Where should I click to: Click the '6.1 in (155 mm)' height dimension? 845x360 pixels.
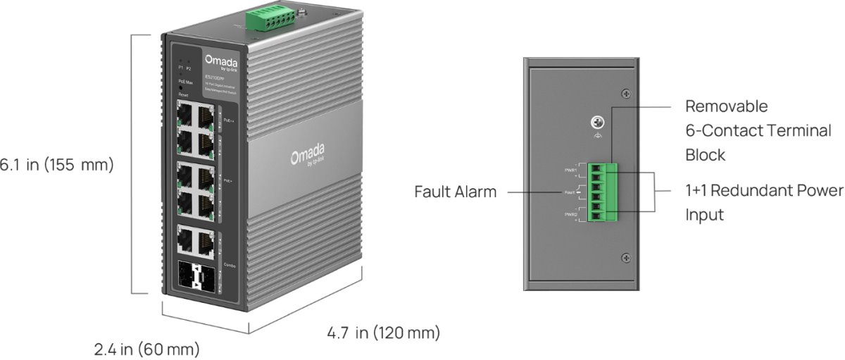pyautogui.click(x=56, y=165)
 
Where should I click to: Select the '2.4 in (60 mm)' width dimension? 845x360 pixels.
pyautogui.click(x=147, y=349)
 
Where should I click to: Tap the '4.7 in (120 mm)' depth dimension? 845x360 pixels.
pyautogui.click(x=383, y=332)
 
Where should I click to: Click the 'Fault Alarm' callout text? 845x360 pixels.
pyautogui.click(x=455, y=191)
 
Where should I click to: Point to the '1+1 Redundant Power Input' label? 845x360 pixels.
pyautogui.click(x=763, y=202)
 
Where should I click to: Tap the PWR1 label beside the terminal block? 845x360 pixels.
pyautogui.click(x=570, y=170)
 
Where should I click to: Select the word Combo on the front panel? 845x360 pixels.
pyautogui.click(x=229, y=265)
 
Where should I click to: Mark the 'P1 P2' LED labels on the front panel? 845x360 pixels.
pyautogui.click(x=184, y=68)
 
